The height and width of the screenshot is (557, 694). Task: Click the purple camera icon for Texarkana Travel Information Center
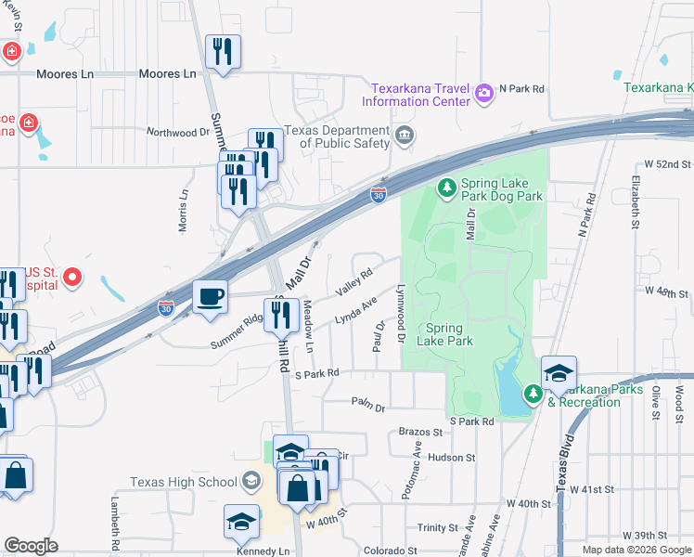point(483,93)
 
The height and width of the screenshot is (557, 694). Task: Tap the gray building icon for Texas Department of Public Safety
point(404,137)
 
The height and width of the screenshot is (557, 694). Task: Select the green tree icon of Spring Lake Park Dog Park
point(446,189)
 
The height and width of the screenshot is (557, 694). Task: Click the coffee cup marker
point(210,297)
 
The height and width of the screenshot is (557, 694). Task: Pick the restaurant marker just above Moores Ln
point(223,51)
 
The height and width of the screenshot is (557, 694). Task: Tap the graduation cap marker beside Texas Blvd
point(559,373)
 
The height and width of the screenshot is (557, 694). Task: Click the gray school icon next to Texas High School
point(250,481)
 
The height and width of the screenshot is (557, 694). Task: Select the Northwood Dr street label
point(178,133)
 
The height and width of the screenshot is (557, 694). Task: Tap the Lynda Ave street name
point(355,310)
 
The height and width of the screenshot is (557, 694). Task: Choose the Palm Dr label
point(368,401)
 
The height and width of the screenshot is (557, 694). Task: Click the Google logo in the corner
point(32,546)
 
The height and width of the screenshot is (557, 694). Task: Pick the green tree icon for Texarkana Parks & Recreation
point(533,395)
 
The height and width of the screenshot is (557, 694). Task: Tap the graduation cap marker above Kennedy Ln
point(241,522)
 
